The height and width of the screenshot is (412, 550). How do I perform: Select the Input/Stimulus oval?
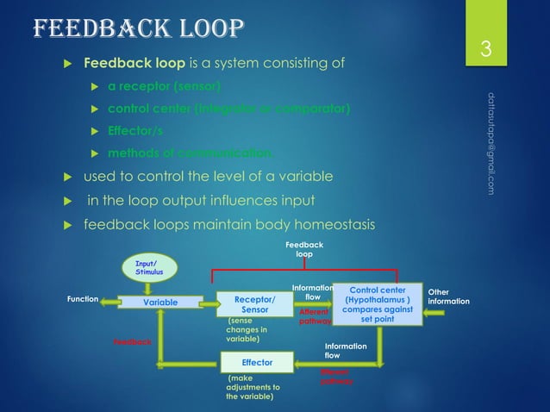coord(150,268)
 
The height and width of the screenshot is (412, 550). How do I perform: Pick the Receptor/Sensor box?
coord(253,303)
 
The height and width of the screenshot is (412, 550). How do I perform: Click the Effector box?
coord(257,362)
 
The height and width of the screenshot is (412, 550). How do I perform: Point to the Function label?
coord(82,300)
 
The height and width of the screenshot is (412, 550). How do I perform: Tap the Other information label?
coord(448,297)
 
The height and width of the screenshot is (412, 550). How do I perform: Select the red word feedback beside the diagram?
coord(132,342)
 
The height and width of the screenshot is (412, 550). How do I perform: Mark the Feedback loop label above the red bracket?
coord(304,250)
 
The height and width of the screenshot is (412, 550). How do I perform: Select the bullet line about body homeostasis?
coord(228,226)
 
